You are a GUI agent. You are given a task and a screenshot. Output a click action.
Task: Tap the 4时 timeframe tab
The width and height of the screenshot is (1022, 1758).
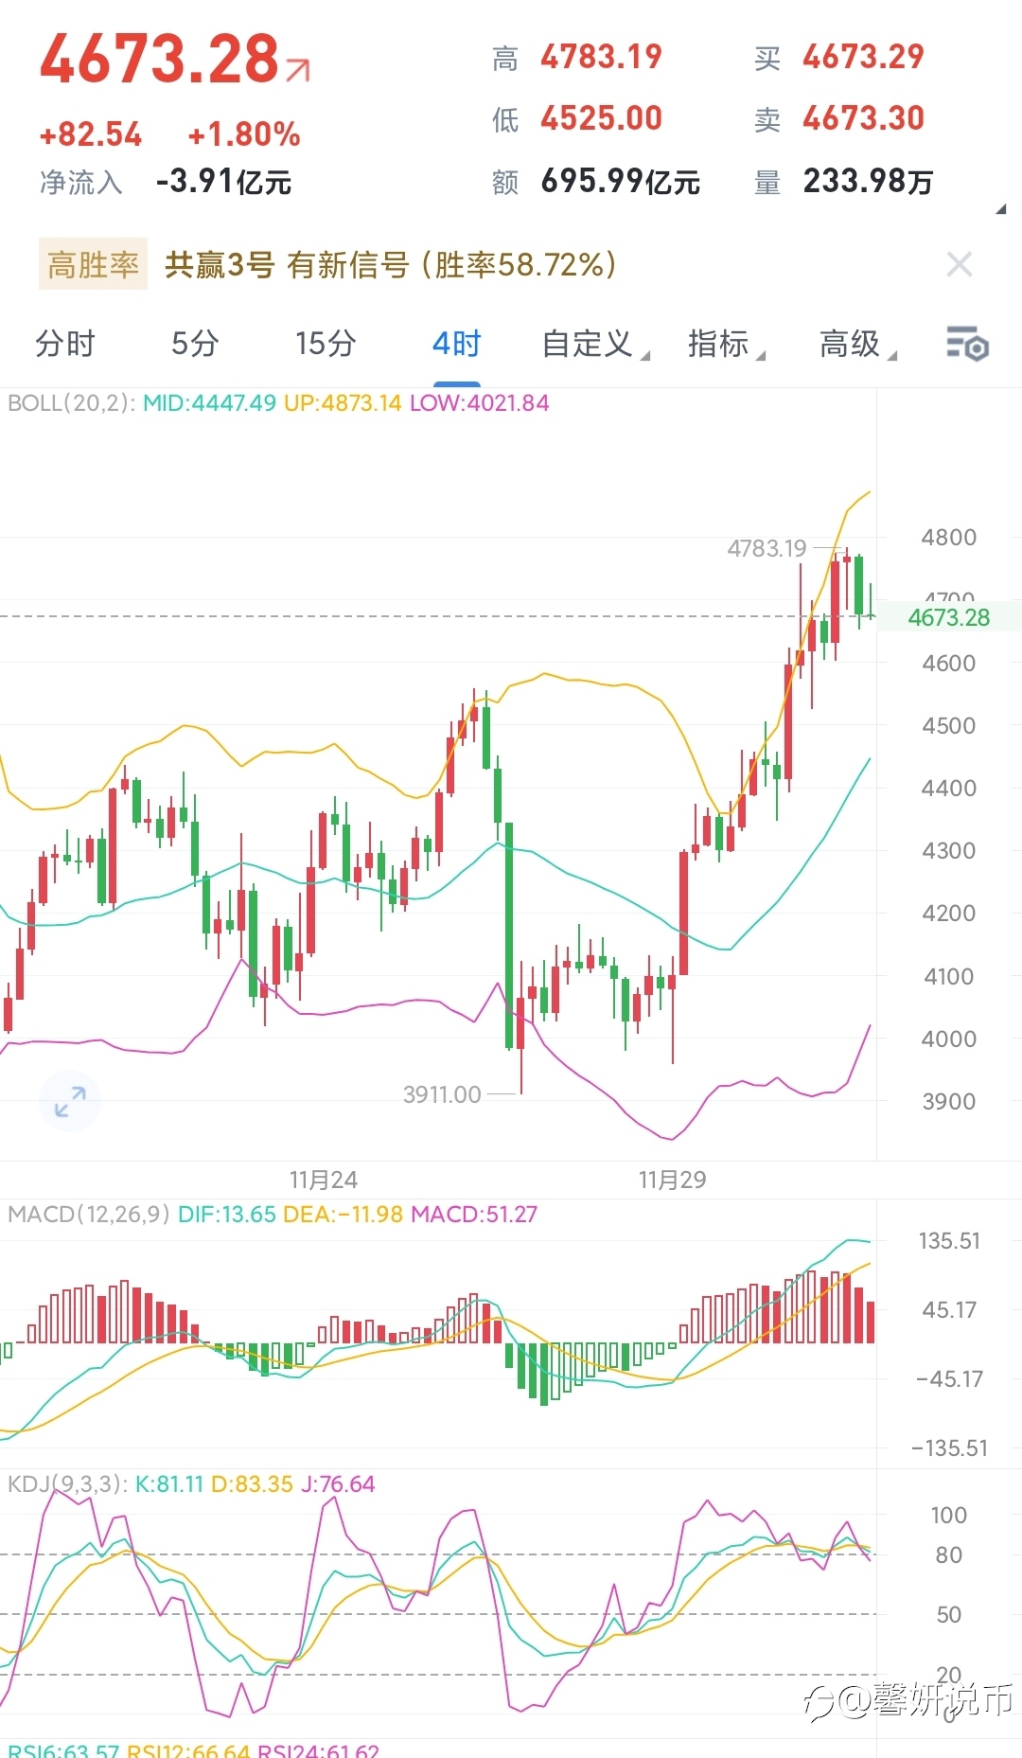(x=457, y=344)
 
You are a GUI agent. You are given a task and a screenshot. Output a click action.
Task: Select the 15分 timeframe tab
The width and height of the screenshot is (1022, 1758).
(x=326, y=344)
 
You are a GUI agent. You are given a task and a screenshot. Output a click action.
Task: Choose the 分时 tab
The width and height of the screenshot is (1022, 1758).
(x=65, y=344)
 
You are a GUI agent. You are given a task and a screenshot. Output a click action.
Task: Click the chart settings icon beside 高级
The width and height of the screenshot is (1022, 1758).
(x=967, y=344)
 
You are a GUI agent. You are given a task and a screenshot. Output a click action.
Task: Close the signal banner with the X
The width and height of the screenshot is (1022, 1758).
(x=960, y=264)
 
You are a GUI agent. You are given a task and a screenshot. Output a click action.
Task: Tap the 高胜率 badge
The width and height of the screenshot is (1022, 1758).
(x=93, y=264)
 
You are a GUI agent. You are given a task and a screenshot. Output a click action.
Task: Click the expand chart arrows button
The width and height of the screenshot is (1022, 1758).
(x=70, y=1101)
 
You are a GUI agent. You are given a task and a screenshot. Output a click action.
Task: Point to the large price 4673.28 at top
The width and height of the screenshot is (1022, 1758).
(x=159, y=59)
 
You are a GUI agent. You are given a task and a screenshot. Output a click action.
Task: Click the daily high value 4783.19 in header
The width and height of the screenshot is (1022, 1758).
(x=601, y=57)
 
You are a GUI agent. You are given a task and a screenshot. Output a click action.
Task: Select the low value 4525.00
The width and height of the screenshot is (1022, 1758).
(x=601, y=118)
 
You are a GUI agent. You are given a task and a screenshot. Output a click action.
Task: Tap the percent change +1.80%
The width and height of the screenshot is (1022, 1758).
(x=244, y=134)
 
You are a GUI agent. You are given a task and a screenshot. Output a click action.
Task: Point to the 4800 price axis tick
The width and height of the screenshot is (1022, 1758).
(x=948, y=538)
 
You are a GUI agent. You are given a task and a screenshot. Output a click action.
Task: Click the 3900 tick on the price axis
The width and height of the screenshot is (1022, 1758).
(x=948, y=1101)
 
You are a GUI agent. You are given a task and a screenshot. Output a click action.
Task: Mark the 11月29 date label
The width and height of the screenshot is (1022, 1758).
(x=672, y=1180)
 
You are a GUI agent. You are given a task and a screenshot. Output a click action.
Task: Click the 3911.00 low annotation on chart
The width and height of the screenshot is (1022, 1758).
(x=442, y=1094)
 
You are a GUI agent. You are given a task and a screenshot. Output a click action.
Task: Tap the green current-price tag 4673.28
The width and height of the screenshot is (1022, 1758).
(x=948, y=617)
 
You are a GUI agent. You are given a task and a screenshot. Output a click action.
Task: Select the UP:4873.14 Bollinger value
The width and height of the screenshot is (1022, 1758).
(x=343, y=403)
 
